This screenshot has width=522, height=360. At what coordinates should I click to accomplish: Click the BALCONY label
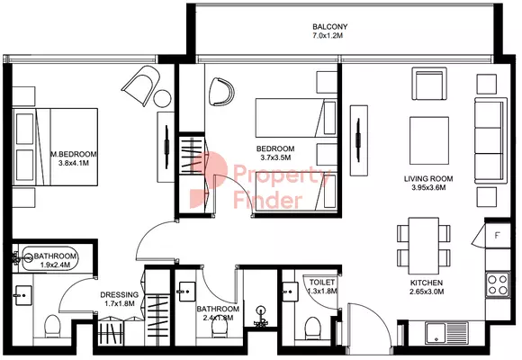coord(330,27)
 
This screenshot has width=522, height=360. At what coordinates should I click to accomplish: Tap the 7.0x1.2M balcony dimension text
coord(328,36)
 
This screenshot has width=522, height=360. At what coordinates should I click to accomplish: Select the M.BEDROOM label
coord(74,154)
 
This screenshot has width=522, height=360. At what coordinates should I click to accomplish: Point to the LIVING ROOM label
coord(428,179)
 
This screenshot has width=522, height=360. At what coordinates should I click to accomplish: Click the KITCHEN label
coord(427,283)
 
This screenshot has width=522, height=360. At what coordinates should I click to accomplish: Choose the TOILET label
coord(322,282)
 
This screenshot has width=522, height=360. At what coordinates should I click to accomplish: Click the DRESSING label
coord(120,294)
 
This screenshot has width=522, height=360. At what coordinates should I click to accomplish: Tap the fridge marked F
coord(498,236)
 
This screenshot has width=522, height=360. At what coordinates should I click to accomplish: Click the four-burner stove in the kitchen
coord(498,284)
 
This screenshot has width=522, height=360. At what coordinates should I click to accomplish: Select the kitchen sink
coord(446,333)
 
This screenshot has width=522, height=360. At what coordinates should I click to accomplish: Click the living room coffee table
coord(429,140)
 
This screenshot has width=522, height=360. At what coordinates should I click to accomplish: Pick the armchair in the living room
coord(429,84)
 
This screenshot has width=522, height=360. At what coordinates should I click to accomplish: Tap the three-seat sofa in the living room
coord(490,140)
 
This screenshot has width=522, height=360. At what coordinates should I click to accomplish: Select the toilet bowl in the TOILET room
coord(312,327)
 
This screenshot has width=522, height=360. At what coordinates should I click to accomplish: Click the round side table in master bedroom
coord(163,99)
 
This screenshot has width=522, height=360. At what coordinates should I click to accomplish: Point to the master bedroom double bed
coord(55,147)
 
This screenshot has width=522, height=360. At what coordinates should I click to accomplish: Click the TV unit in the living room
coord(359,140)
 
